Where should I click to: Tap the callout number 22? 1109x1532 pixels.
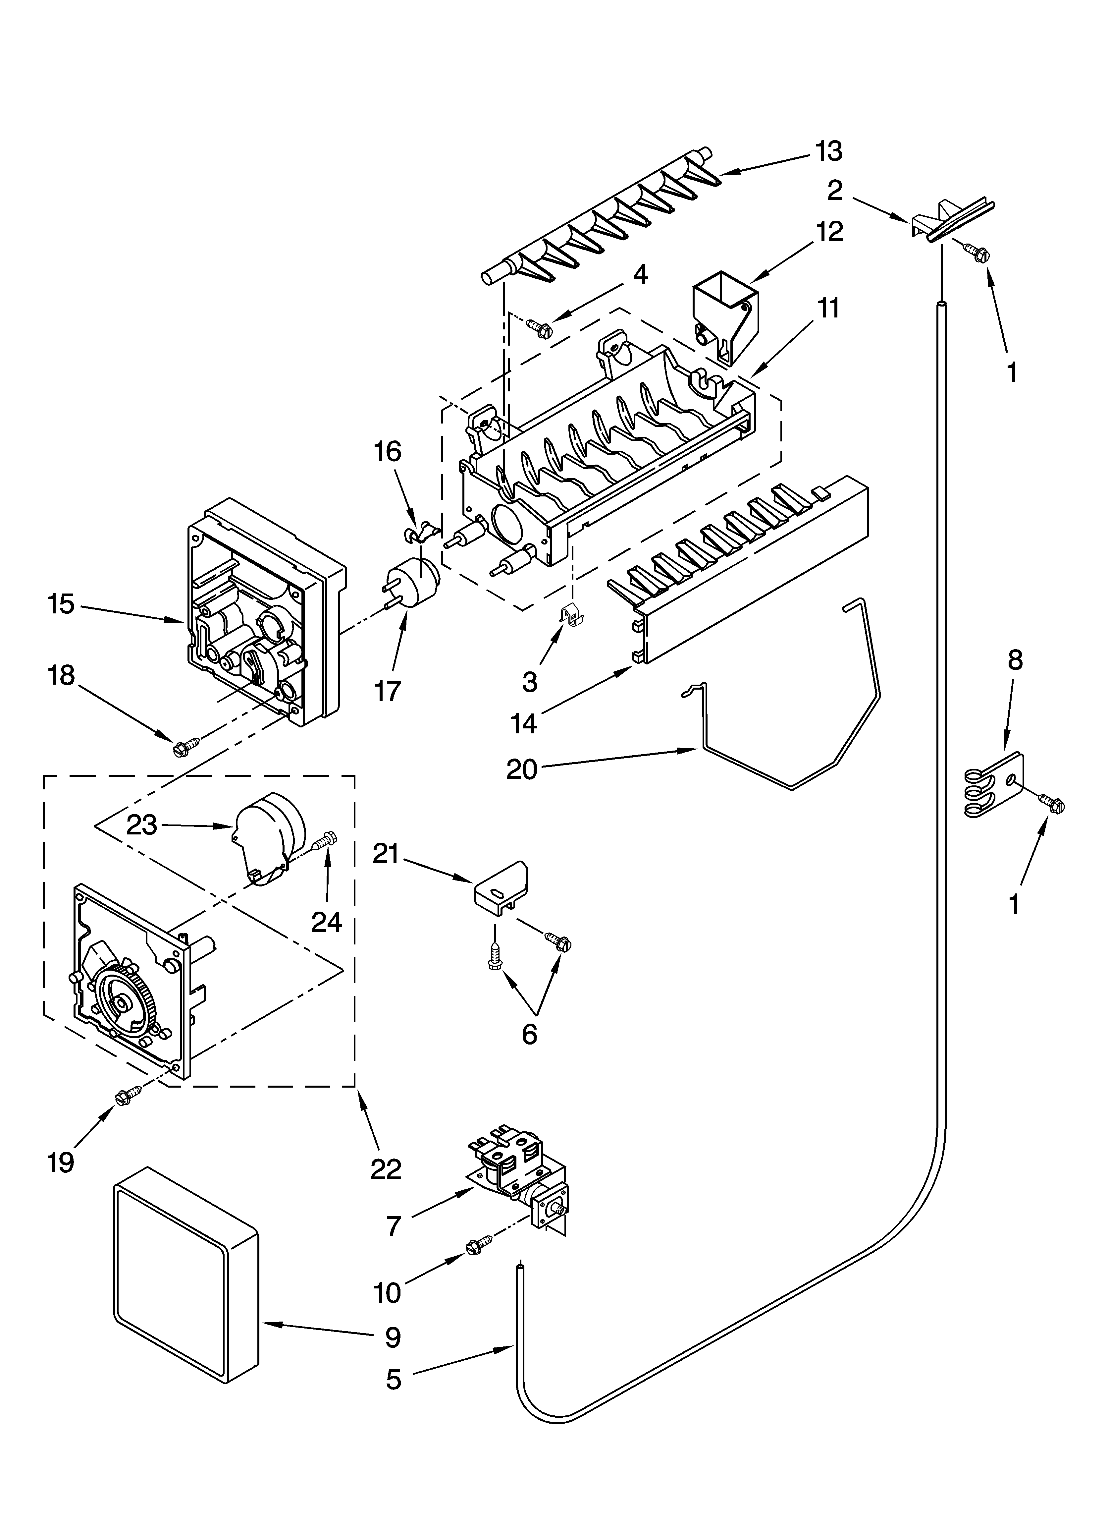pos(386,1168)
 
